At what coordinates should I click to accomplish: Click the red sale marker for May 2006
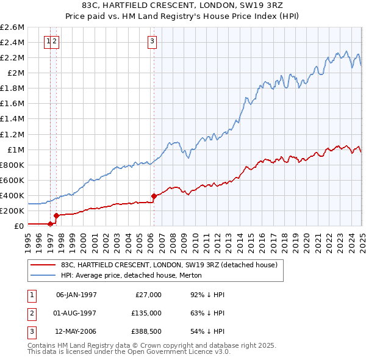pyautogui.click(x=154, y=196)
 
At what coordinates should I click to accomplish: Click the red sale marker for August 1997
pyautogui.click(x=56, y=215)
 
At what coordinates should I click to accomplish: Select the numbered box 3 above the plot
pyautogui.click(x=152, y=41)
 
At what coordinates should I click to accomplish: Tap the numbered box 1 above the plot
pyautogui.click(x=48, y=41)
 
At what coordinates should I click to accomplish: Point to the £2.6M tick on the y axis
pyautogui.click(x=12, y=27)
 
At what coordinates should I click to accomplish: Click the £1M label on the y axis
pyautogui.click(x=15, y=149)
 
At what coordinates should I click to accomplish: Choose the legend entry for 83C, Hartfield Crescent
pyautogui.click(x=169, y=265)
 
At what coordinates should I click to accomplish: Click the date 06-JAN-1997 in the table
pyautogui.click(x=76, y=295)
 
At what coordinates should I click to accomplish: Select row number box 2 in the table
pyautogui.click(x=30, y=314)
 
